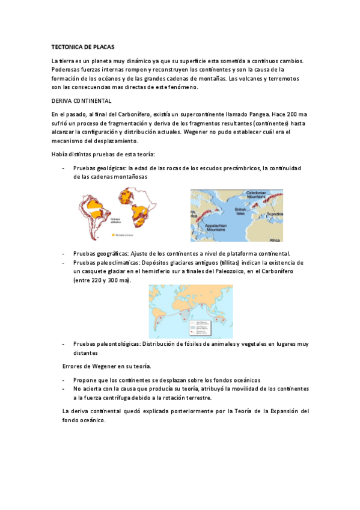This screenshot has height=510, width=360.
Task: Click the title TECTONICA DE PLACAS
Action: click(x=82, y=46)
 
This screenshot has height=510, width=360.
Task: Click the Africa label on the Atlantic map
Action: click(x=274, y=239)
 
